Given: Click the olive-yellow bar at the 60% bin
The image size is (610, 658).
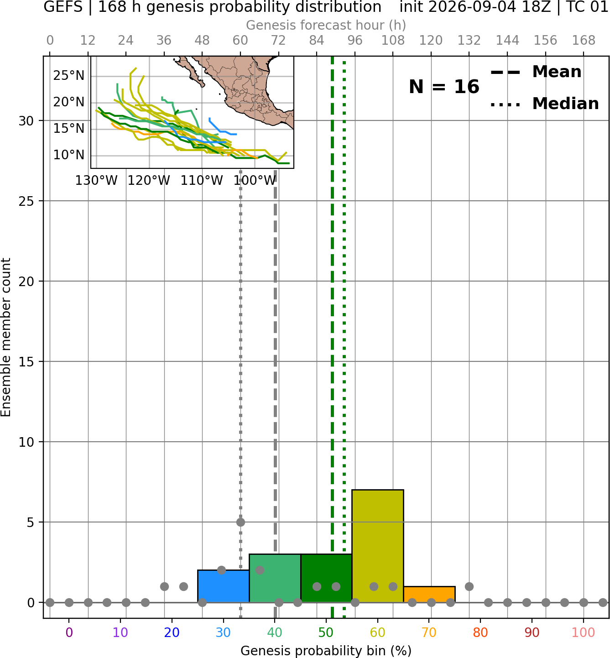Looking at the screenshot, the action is [377, 546].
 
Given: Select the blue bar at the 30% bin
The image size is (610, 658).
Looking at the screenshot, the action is [223, 586].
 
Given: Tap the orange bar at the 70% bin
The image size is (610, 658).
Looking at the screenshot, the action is [429, 594].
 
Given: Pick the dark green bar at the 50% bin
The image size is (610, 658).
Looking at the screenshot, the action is [326, 578].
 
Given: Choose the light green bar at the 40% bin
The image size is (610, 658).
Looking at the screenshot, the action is [275, 578].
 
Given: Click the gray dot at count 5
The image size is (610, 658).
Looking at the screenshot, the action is [240, 522].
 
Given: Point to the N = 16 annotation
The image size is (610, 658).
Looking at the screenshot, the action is [444, 87].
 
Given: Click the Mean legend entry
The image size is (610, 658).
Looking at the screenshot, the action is [536, 72].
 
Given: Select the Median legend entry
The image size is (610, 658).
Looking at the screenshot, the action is [544, 104].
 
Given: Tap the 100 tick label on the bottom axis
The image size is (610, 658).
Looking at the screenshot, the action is [584, 632].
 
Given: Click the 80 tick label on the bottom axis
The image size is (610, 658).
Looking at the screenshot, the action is [480, 632].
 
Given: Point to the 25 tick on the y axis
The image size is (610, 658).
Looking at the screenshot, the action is [26, 201].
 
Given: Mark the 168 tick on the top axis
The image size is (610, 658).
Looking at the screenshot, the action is [584, 41].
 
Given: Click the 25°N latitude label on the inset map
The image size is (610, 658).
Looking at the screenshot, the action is [69, 76].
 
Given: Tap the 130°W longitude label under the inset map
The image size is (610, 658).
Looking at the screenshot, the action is [96, 181].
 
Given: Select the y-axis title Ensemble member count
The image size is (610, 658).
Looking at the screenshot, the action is [5, 337].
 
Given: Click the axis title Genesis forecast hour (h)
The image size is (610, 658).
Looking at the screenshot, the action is [326, 25].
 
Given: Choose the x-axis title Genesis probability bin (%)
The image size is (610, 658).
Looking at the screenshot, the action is [326, 650].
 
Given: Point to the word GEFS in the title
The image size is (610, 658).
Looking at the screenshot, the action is [63, 7].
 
